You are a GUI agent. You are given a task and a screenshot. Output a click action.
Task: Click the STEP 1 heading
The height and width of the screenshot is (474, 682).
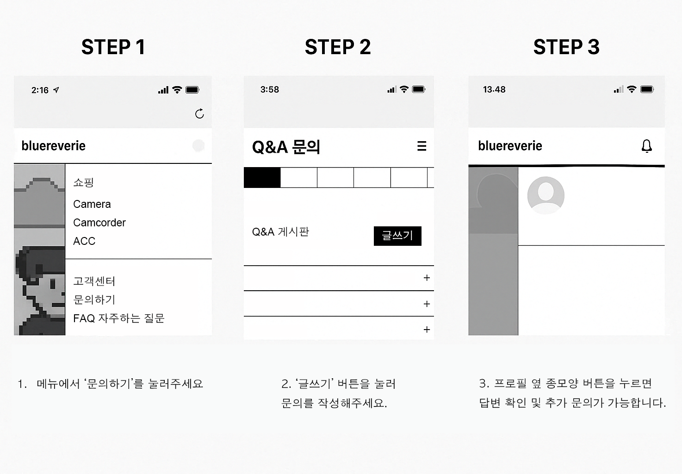(113, 47)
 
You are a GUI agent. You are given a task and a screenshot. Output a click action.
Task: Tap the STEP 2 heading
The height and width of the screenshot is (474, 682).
(338, 47)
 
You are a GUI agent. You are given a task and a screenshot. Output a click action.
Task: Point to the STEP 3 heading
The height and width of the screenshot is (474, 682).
(567, 47)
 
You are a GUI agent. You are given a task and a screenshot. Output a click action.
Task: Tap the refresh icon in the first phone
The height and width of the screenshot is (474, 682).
(199, 113)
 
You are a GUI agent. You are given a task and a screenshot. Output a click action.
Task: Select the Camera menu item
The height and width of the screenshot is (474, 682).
(92, 204)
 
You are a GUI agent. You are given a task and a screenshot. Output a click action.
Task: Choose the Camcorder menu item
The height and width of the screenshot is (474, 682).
(99, 223)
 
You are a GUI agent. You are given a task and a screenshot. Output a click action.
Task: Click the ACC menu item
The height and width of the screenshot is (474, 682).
(84, 241)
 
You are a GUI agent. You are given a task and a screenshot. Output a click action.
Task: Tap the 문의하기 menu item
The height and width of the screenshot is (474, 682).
(94, 300)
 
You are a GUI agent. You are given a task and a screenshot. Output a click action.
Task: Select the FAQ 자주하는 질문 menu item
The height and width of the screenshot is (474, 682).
(119, 318)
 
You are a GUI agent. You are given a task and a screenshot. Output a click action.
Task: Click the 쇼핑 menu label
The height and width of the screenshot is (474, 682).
(83, 182)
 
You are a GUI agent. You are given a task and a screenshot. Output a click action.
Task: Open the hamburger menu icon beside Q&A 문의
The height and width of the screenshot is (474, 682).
(422, 146)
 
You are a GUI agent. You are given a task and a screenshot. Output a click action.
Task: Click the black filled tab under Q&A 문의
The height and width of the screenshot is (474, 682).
(262, 178)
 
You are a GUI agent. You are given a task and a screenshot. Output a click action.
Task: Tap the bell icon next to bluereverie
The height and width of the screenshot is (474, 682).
(647, 146)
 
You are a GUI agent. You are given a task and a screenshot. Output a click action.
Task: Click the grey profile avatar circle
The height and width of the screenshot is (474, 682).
(546, 195)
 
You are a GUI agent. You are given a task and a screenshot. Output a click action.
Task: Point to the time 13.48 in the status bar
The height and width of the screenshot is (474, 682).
(494, 89)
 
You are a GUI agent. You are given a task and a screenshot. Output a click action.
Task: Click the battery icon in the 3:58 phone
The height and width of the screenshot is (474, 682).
(419, 89)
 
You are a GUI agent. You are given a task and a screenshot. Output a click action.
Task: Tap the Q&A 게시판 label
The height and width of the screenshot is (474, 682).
(281, 232)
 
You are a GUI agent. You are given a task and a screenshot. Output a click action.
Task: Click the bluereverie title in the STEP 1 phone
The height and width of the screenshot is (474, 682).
(54, 146)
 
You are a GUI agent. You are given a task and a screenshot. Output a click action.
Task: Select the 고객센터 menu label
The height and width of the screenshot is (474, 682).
(94, 281)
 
